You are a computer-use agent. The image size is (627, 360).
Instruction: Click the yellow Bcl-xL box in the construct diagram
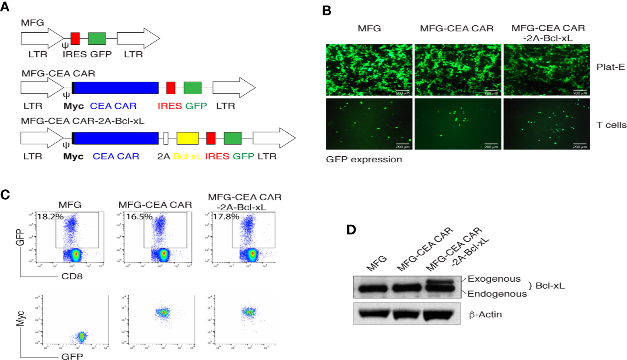click(x=187, y=138)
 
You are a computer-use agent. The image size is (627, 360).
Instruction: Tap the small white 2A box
click(x=166, y=138)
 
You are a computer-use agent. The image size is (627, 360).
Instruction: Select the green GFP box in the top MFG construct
click(x=97, y=38)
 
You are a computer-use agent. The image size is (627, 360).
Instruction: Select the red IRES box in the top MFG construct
click(x=75, y=38)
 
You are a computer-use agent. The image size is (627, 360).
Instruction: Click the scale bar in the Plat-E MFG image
click(x=402, y=90)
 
